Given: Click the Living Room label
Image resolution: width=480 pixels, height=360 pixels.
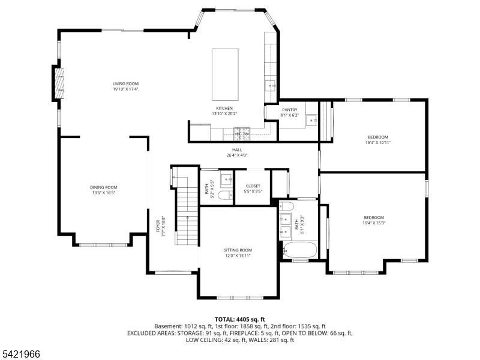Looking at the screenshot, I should pyautogui.click(x=125, y=83).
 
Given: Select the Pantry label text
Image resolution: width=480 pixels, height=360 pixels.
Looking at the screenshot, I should pyautogui.click(x=289, y=110).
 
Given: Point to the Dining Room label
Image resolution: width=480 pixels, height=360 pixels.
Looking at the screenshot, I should pyautogui.click(x=103, y=187).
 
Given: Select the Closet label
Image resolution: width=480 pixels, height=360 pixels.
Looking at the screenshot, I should pyautogui.click(x=253, y=186).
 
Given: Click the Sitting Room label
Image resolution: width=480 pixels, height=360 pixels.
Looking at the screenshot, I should pyautogui.click(x=238, y=250).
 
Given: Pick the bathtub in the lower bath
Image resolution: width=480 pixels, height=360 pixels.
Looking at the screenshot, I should pyautogui.click(x=299, y=251).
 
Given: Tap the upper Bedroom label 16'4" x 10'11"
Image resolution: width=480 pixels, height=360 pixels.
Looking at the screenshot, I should pyautogui.click(x=378, y=137).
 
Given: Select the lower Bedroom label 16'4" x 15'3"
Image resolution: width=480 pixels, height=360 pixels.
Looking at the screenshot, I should pyautogui.click(x=373, y=217).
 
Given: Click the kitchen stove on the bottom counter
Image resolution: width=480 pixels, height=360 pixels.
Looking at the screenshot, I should pyautogui.click(x=242, y=131).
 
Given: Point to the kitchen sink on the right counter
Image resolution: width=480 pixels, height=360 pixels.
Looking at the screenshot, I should pyautogui.click(x=271, y=85).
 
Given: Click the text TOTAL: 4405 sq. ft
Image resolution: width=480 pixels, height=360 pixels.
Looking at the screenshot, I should pyautogui.click(x=240, y=319).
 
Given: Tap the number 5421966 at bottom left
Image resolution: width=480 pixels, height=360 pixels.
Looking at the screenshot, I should pyautogui.click(x=21, y=354).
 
